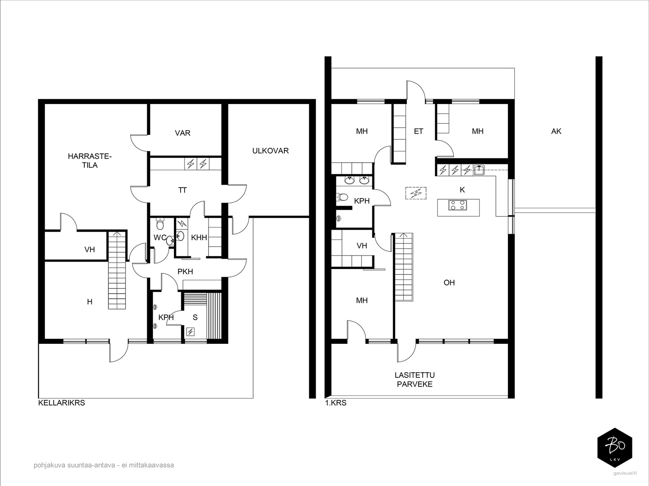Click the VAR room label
(183, 133)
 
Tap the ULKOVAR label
(270, 151)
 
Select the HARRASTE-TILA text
(90, 160)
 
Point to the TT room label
(183, 190)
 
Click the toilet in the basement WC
(160, 224)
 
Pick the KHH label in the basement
(199, 238)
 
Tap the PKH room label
(185, 271)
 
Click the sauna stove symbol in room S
(190, 332)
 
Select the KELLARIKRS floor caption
(62, 403)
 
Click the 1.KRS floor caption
(335, 403)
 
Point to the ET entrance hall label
(418, 131)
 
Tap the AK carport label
(556, 131)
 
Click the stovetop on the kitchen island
(458, 205)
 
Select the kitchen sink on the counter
(479, 170)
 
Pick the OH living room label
(449, 283)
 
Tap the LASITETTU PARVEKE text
(415, 380)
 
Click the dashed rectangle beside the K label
(416, 193)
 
